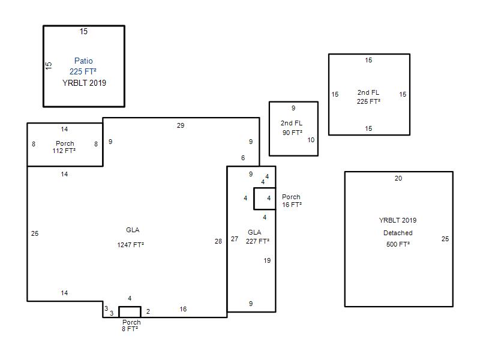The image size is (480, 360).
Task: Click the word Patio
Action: pyautogui.click(x=83, y=61)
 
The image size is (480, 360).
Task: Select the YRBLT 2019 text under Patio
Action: pyautogui.click(x=84, y=83)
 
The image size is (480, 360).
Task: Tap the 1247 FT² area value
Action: pyautogui.click(x=130, y=245)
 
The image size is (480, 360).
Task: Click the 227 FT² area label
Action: pyautogui.click(x=257, y=241)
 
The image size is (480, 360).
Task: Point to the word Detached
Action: pyautogui.click(x=398, y=233)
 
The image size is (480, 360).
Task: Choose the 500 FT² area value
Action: pyautogui.click(x=398, y=244)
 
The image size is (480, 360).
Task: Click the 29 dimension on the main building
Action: pyautogui.click(x=181, y=125)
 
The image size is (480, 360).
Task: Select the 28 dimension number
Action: pyautogui.click(x=218, y=241)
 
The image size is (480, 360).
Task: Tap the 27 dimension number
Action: pyautogui.click(x=235, y=239)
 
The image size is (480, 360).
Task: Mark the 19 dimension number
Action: pyautogui.click(x=267, y=260)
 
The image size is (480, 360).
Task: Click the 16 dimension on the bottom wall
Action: pyautogui.click(x=183, y=309)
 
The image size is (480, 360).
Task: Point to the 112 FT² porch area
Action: pyautogui.click(x=64, y=151)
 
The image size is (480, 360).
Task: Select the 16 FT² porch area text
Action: pyautogui.click(x=292, y=205)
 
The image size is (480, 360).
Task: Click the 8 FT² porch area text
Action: pyautogui.click(x=130, y=329)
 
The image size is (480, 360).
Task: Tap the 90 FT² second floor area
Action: pyautogui.click(x=292, y=133)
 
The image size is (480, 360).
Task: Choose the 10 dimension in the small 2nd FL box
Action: pyautogui.click(x=311, y=140)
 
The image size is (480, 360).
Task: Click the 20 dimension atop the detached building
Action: pyautogui.click(x=398, y=178)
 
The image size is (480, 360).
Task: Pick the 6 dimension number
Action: pyautogui.click(x=243, y=158)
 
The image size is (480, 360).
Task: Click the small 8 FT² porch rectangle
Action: pyautogui.click(x=130, y=307)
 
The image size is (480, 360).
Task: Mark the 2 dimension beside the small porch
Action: pyautogui.click(x=148, y=311)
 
